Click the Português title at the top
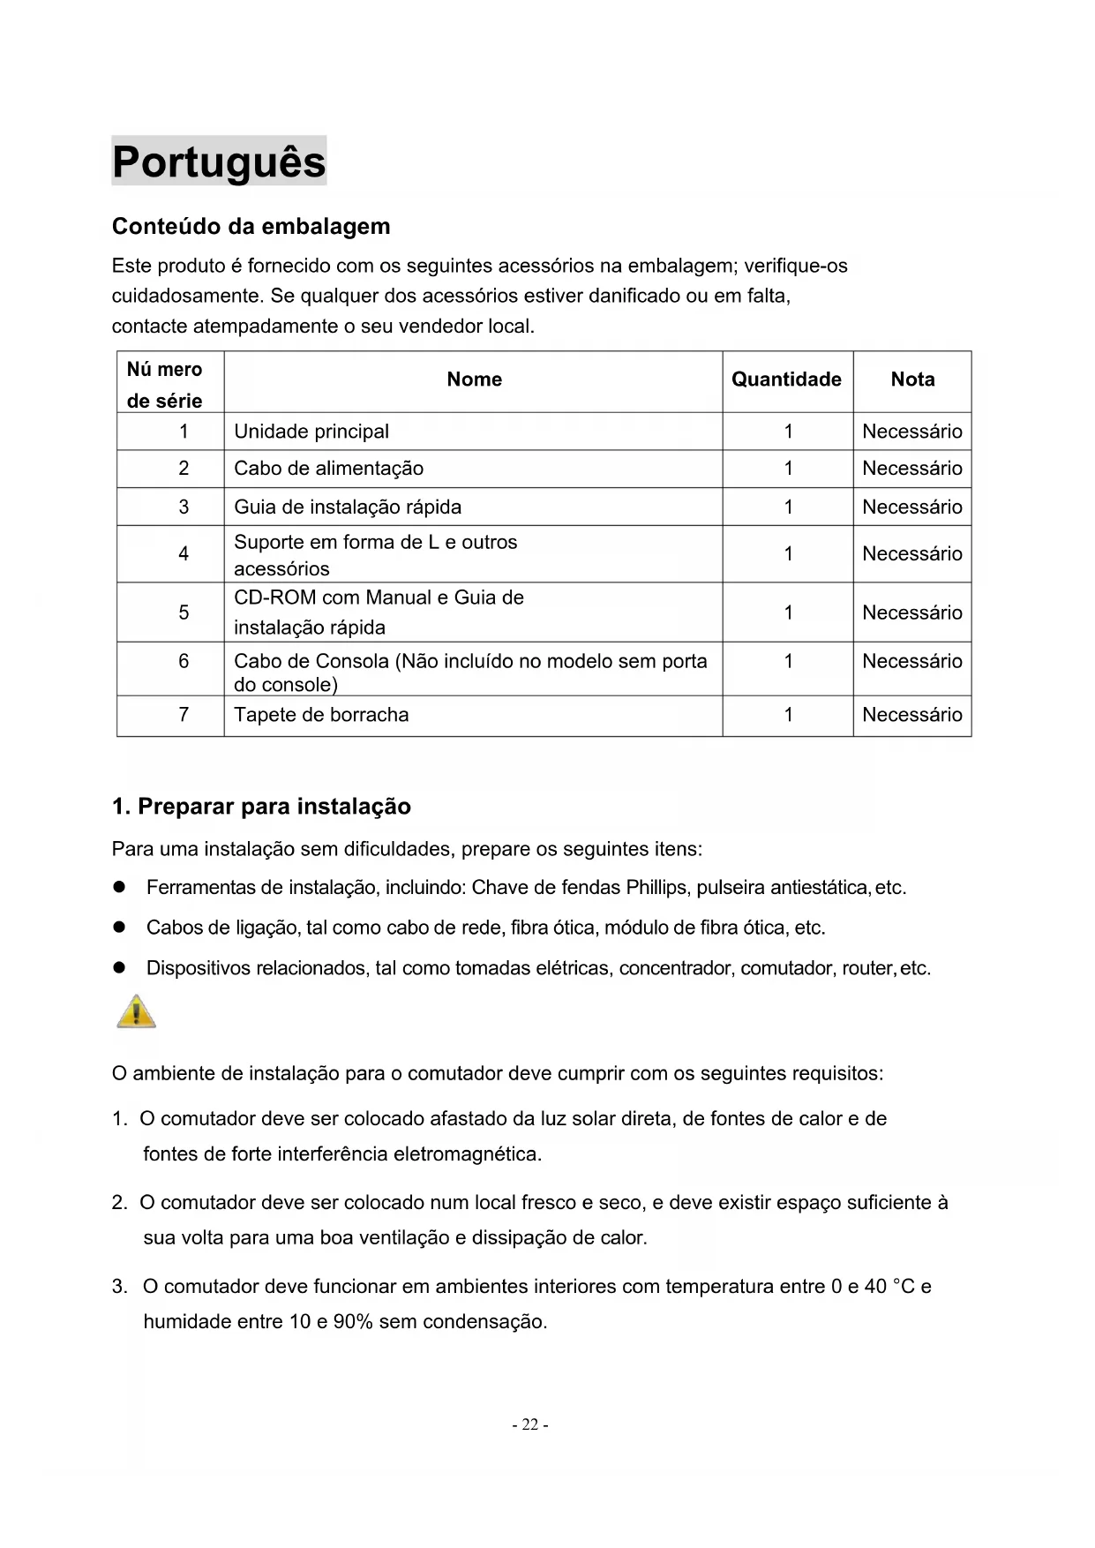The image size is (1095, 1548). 219,162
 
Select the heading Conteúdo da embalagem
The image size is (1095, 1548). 251,227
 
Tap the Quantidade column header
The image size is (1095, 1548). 786,379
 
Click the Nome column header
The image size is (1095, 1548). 474,379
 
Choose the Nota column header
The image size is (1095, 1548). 912,379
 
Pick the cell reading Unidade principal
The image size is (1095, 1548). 311,432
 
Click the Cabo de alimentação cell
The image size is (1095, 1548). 328,469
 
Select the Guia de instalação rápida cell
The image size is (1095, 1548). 348,507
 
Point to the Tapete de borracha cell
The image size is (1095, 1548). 321,715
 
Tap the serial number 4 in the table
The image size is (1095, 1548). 184,554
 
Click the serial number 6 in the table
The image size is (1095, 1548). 184,662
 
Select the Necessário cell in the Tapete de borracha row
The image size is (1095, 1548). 912,715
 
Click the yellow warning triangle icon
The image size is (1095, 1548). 136,1011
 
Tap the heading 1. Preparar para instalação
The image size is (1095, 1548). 261,807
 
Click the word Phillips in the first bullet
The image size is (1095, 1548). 657,888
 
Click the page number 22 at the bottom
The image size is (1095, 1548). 530,1424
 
